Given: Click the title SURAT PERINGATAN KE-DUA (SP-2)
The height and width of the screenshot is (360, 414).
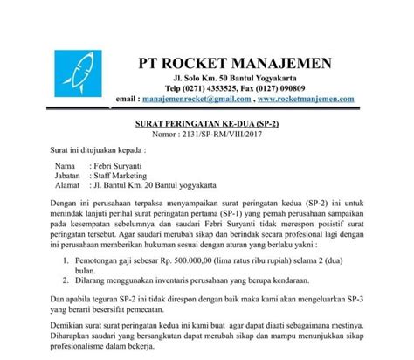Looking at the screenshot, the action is click(x=206, y=126).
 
